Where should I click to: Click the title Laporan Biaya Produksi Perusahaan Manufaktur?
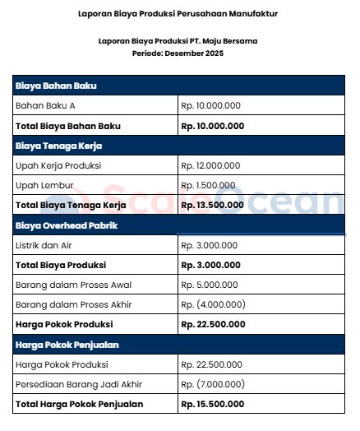tap(178, 14)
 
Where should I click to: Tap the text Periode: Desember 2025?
tap(178, 53)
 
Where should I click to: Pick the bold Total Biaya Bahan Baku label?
tap(68, 126)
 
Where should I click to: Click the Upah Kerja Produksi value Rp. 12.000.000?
tap(211, 165)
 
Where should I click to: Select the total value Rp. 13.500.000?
tap(212, 205)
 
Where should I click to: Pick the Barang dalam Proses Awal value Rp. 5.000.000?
tap(210, 285)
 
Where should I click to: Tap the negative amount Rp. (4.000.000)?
tap(212, 304)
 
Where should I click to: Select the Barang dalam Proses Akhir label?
tap(73, 304)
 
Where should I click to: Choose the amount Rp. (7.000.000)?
tap(212, 384)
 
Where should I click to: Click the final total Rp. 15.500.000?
tap(212, 404)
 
